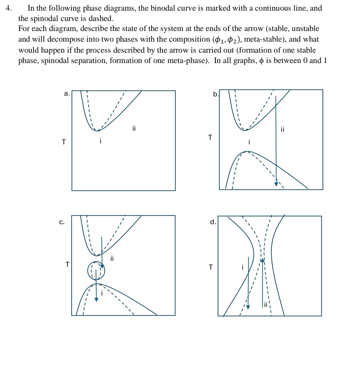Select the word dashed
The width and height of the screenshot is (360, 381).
click(x=98, y=18)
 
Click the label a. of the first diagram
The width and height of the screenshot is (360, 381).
click(x=67, y=94)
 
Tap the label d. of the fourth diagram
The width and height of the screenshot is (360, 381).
click(x=213, y=222)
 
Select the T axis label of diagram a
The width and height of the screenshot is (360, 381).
click(x=64, y=142)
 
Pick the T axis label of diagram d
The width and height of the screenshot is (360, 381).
click(x=210, y=267)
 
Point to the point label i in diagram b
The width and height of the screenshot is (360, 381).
click(x=249, y=142)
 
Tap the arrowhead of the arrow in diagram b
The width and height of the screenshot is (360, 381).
click(x=276, y=184)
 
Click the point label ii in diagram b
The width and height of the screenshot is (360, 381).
click(x=283, y=129)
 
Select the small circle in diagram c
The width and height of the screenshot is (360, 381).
click(x=96, y=271)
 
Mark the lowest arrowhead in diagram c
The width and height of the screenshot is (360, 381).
click(x=96, y=299)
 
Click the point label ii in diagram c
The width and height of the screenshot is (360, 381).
click(x=112, y=258)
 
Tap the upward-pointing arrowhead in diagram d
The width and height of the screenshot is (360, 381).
click(x=263, y=260)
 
